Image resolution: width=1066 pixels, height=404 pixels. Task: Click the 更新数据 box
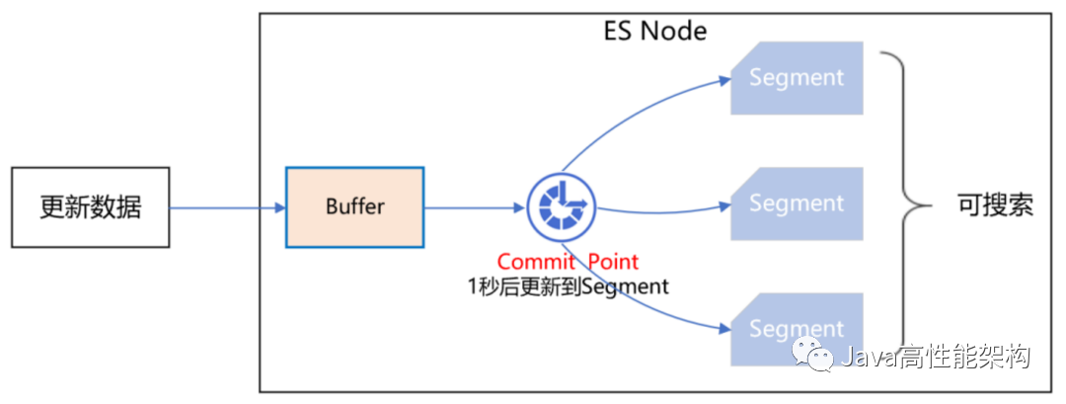90,207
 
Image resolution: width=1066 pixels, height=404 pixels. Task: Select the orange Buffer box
354,207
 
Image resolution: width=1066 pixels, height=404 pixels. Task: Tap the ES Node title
655,31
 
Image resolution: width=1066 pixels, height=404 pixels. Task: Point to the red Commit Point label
568,262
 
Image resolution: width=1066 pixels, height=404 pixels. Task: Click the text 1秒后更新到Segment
568,286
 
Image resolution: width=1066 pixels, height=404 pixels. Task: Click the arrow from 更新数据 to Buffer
227,207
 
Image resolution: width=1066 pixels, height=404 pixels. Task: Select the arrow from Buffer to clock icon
474,207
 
